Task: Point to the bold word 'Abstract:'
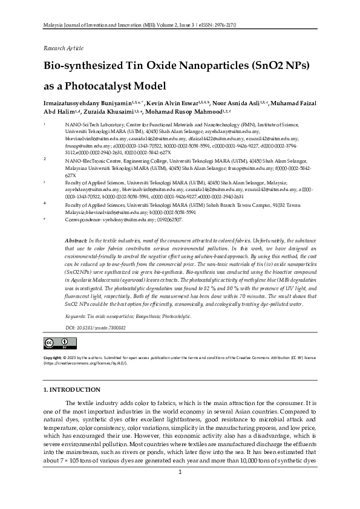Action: coord(76,241)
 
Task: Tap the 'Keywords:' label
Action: coord(75,316)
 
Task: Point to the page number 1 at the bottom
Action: coord(180,489)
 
